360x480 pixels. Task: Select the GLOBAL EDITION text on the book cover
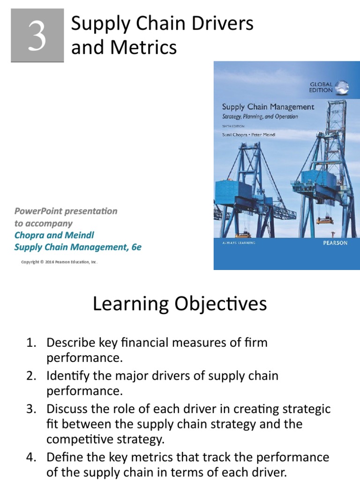[x=321, y=87]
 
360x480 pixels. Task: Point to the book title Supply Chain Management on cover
[x=268, y=107]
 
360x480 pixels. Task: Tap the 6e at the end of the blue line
[x=135, y=247]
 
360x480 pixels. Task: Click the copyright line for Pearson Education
[x=59, y=262]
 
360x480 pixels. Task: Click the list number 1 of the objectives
[x=30, y=343]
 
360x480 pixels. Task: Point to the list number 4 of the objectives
[x=30, y=457]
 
